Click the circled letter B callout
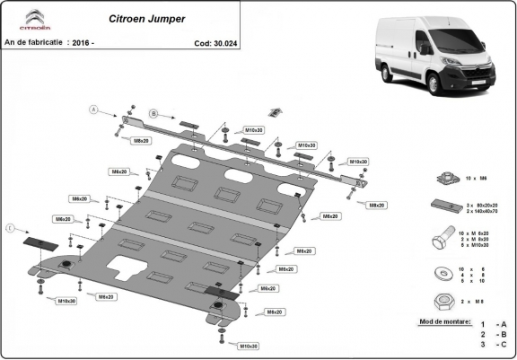coord(153,113)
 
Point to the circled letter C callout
coord(10,229)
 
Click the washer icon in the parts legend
coord(442,272)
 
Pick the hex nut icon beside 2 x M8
coord(442,299)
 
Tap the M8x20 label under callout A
coord(141,141)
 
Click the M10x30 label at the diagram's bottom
coord(249,346)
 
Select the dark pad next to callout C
coord(39,242)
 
